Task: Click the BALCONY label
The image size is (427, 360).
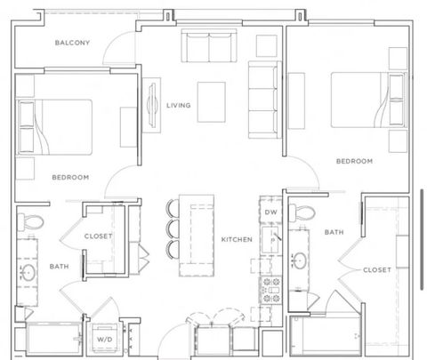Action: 72,43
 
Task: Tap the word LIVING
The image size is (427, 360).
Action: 179,105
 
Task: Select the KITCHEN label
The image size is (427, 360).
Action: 237,239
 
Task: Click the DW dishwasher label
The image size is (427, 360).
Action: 270,212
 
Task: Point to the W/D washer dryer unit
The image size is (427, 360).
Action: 105,339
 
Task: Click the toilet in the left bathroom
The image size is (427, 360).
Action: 30,221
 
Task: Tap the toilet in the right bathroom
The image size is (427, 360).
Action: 302,212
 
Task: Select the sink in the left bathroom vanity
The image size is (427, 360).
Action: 29,272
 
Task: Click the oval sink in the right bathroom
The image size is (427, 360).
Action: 300,260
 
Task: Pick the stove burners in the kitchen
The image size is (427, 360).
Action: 271,290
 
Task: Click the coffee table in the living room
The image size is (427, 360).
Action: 212,102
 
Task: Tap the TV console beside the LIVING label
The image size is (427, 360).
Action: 151,105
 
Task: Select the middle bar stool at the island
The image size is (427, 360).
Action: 173,228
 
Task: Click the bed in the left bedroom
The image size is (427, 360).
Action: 55,127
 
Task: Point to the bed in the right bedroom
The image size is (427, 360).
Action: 368,100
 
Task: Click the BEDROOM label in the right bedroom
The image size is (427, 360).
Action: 354,161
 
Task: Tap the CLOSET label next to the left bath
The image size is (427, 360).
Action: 98,236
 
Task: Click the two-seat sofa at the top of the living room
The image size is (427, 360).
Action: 209,45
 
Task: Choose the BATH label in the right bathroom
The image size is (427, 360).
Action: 334,232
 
